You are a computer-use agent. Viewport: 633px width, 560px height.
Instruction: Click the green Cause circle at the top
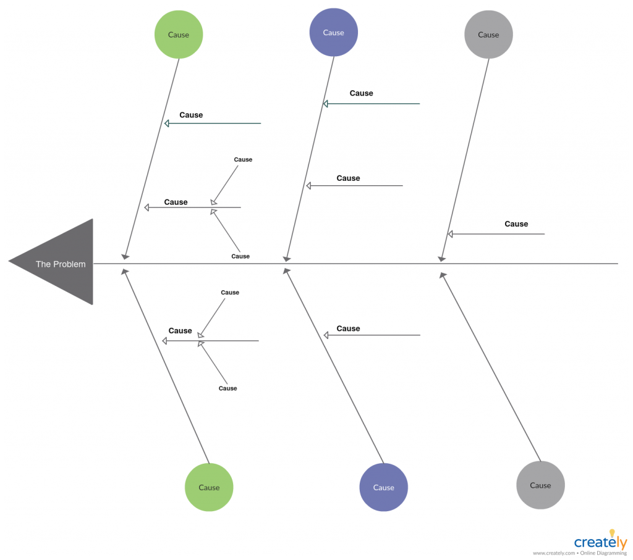(179, 35)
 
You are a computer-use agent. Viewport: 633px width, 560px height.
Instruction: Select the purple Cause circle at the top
(333, 33)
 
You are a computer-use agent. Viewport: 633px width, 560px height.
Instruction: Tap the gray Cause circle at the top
(488, 35)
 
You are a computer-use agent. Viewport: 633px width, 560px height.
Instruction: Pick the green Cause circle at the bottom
(209, 487)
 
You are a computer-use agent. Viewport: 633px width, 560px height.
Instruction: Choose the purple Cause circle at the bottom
(383, 487)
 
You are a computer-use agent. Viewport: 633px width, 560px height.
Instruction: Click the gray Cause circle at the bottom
(540, 485)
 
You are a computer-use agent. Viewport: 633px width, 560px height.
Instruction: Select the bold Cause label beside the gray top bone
(516, 224)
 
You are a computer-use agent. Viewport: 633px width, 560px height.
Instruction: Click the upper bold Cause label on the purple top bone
(361, 93)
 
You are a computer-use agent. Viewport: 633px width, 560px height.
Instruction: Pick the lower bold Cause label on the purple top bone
(348, 178)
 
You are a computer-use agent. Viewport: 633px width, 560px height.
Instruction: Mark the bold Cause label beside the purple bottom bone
(348, 329)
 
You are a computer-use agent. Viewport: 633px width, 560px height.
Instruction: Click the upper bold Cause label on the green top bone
(191, 115)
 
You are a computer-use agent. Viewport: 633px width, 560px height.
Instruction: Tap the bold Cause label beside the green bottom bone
(180, 331)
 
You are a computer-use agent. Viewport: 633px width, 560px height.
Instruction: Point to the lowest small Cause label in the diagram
(227, 388)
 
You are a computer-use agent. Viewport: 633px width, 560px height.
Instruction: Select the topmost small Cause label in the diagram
(243, 159)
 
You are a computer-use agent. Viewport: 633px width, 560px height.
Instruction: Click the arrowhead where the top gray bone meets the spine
(441, 259)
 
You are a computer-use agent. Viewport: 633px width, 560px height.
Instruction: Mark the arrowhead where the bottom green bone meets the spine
(124, 271)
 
